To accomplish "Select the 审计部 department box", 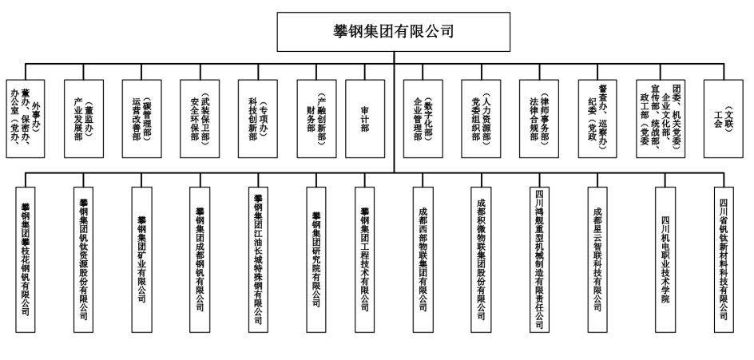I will (x=364, y=118).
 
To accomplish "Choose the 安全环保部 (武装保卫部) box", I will (x=200, y=118).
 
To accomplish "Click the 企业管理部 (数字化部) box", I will (x=423, y=118).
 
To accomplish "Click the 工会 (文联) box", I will (x=724, y=118).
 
